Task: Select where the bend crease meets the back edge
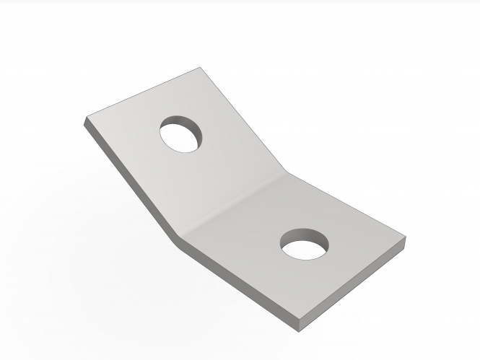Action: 288,170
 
